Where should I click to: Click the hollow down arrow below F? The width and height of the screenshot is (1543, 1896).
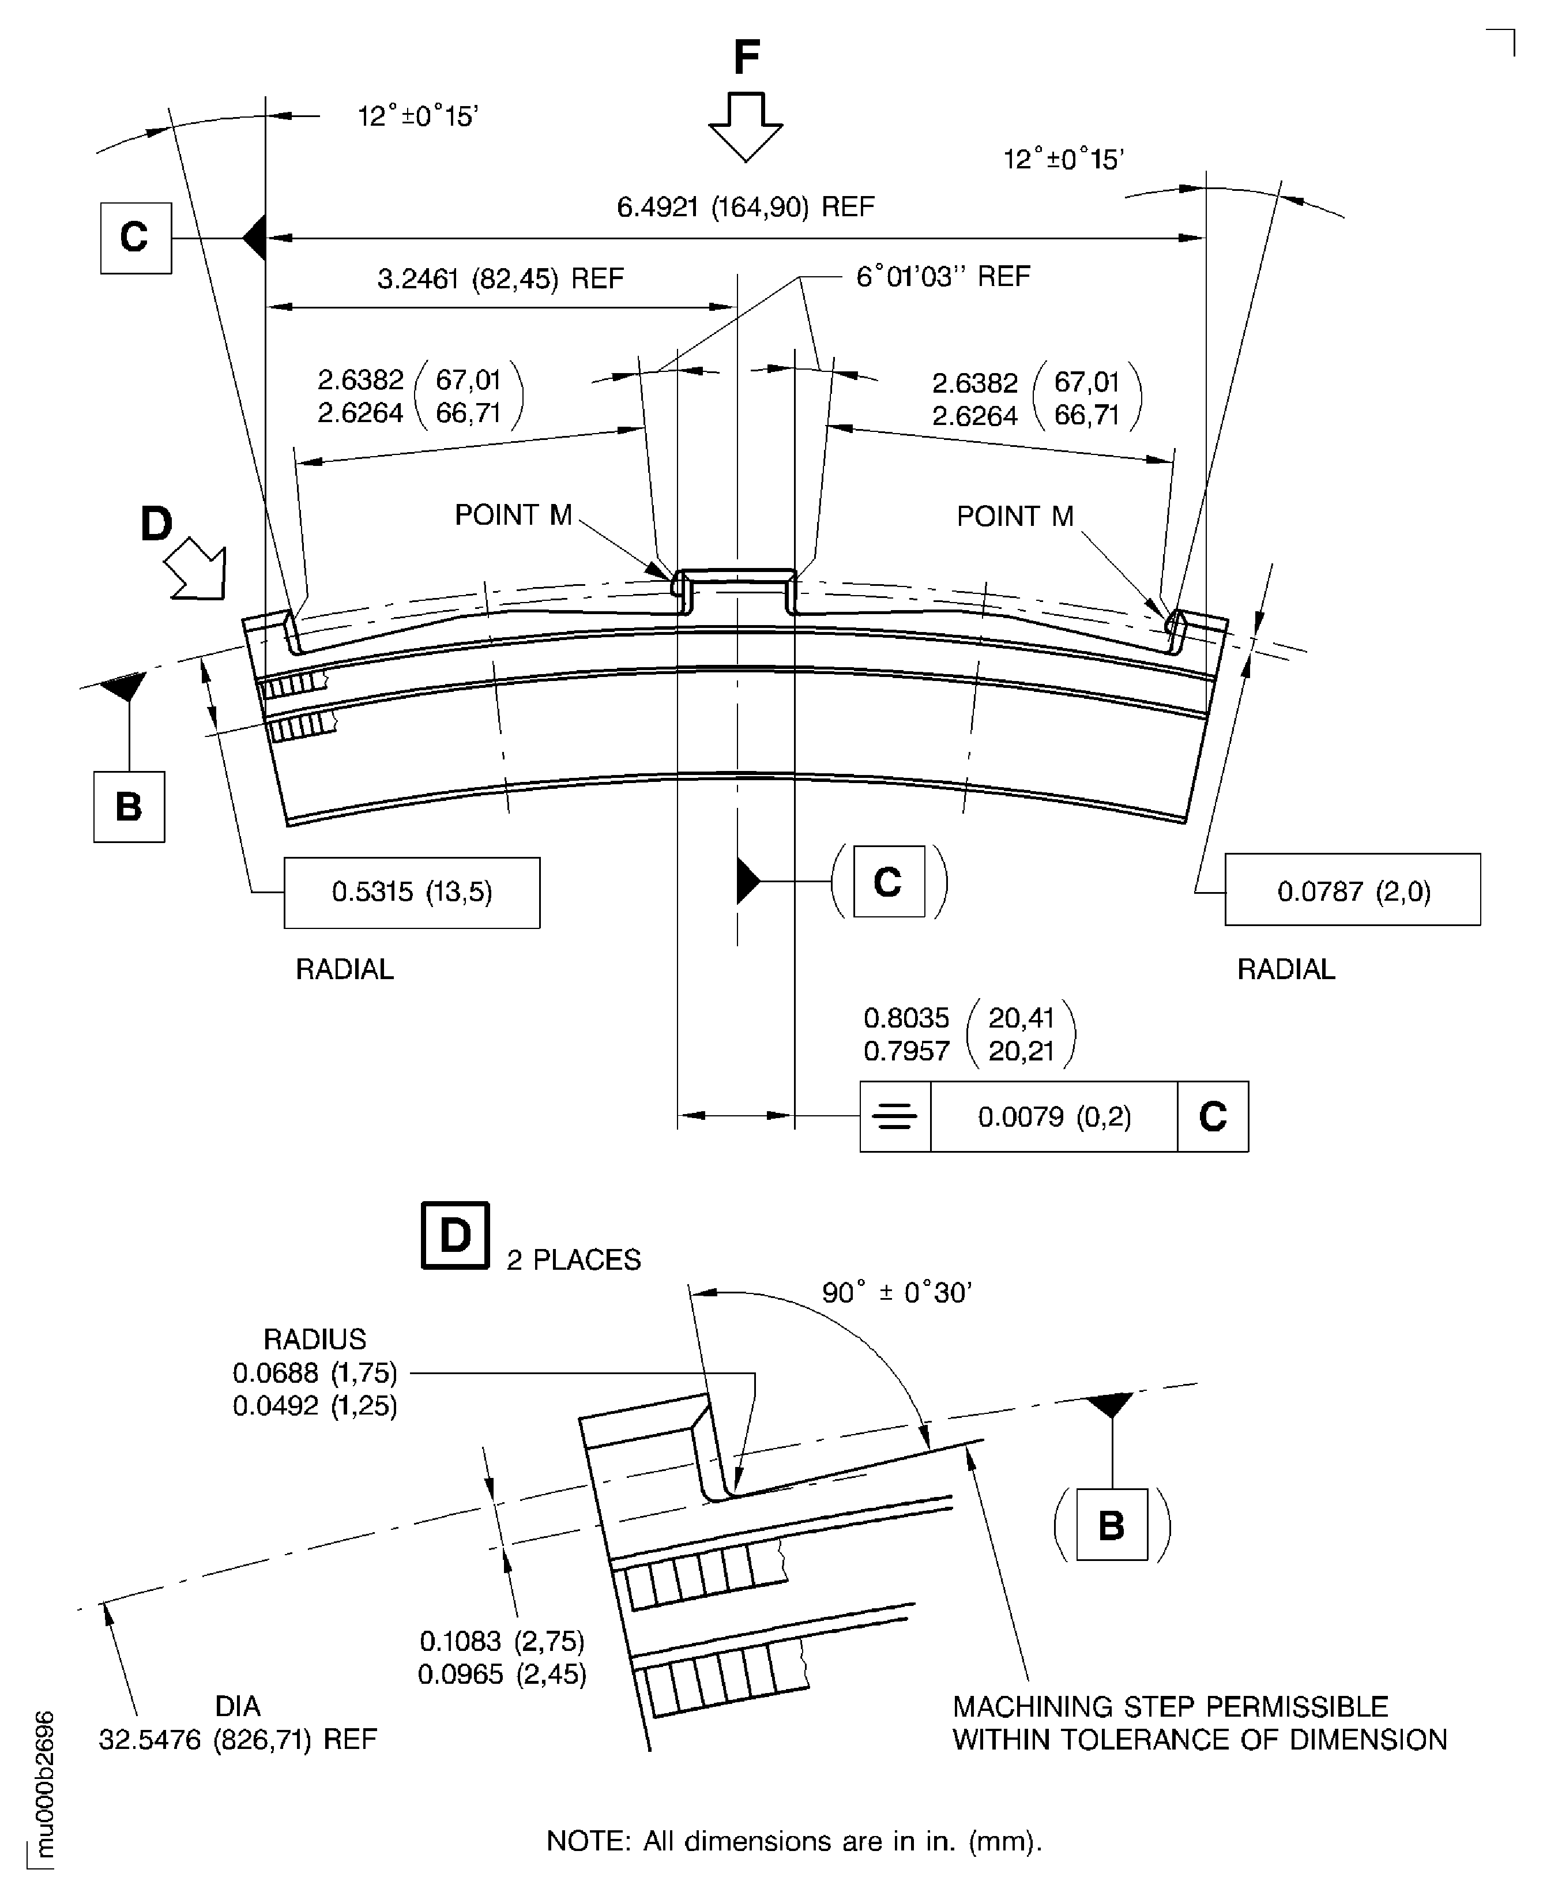(746, 125)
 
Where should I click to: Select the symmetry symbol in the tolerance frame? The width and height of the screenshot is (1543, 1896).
(895, 1116)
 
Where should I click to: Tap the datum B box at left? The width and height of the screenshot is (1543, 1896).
(129, 806)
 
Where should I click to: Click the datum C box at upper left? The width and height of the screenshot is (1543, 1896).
(135, 238)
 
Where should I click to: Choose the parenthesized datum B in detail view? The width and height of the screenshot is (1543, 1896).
(1111, 1525)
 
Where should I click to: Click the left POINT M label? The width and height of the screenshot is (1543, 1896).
(513, 515)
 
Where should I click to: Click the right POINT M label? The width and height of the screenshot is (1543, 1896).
(1015, 517)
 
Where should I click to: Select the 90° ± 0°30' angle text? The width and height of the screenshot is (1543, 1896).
(896, 1292)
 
